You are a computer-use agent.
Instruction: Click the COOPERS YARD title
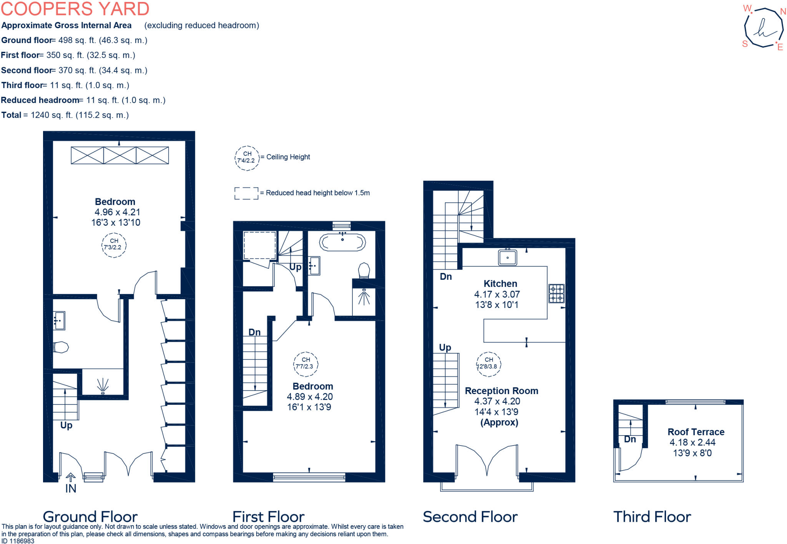(x=75, y=8)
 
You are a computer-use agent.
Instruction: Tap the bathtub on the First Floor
(x=342, y=243)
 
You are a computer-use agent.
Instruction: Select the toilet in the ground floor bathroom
(x=61, y=347)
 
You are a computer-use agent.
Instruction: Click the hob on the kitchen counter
(x=556, y=293)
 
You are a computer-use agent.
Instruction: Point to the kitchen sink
(x=507, y=257)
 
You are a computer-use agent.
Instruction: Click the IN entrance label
(x=71, y=488)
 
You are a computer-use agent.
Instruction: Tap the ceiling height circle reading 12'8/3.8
(x=488, y=363)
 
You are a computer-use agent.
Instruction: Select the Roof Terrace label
(x=696, y=432)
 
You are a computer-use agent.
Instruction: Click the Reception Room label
(x=501, y=391)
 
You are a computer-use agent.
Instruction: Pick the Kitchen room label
(x=500, y=284)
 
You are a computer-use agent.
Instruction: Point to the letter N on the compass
(x=783, y=12)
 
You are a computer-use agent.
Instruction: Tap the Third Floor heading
(x=652, y=517)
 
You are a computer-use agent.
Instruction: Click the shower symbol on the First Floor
(x=364, y=297)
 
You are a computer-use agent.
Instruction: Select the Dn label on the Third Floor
(x=629, y=439)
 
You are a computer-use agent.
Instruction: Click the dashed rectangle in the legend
(x=246, y=193)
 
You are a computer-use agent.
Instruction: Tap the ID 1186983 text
(x=18, y=541)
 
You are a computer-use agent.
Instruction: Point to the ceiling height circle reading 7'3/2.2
(x=114, y=245)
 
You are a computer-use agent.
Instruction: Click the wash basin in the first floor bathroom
(x=314, y=266)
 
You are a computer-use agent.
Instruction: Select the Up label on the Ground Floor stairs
(x=66, y=425)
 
